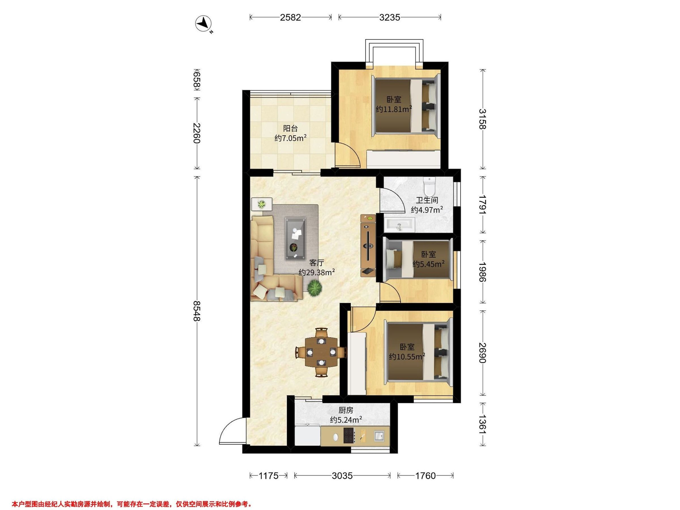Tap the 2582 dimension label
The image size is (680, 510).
(x=290, y=17)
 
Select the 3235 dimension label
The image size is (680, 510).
(x=390, y=17)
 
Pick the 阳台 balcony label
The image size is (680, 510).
(x=290, y=128)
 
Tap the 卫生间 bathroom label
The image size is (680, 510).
(x=427, y=200)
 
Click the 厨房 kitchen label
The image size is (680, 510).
(x=346, y=410)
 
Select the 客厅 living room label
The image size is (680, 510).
(x=317, y=263)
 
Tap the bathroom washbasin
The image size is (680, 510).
(x=399, y=225)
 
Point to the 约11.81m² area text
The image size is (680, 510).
(x=394, y=109)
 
